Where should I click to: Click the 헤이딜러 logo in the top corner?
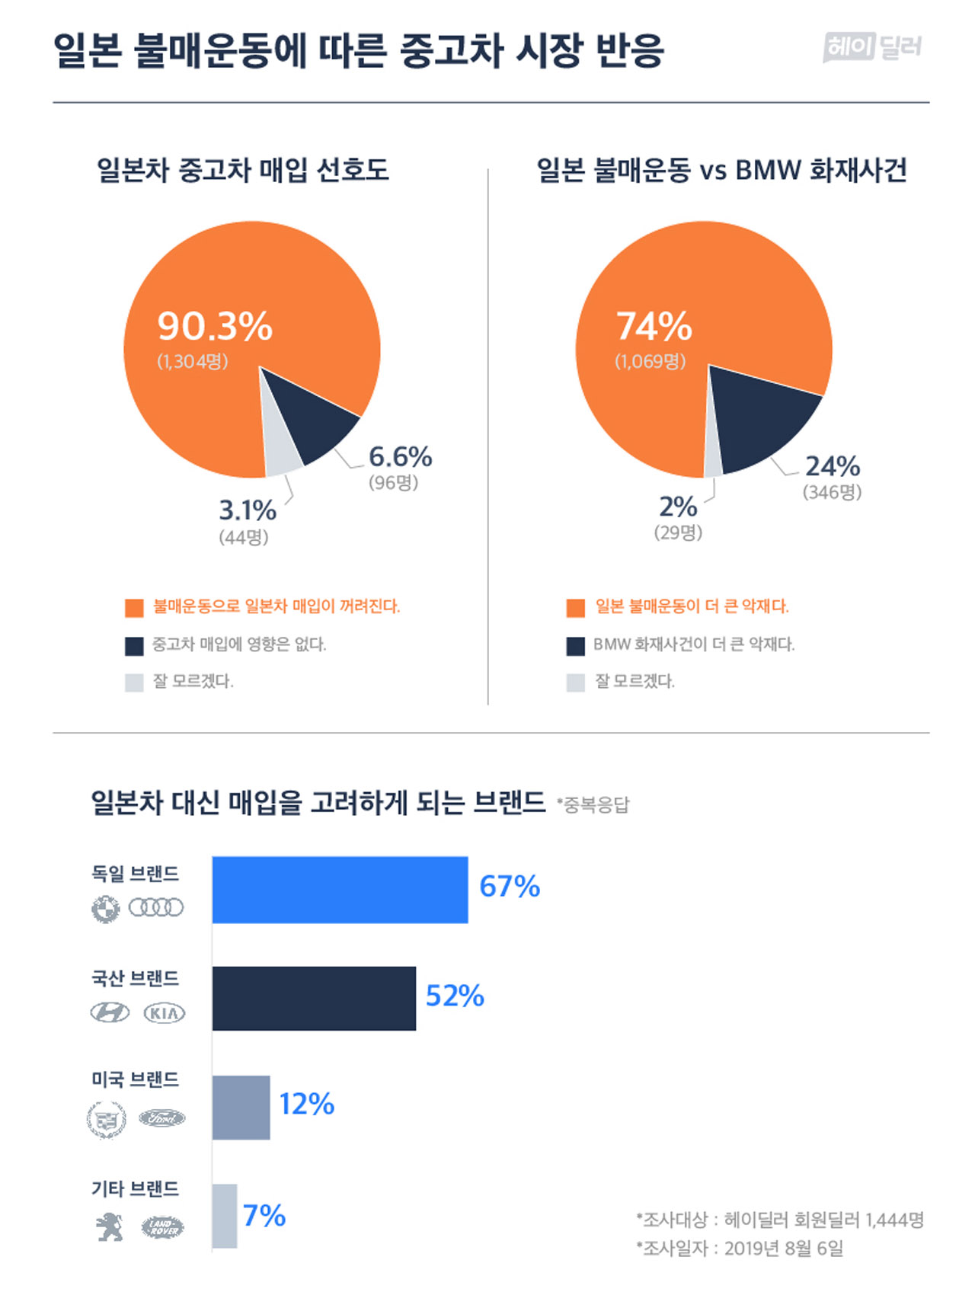click(x=872, y=47)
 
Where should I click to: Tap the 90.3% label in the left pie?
click(x=215, y=326)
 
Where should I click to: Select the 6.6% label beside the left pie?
click(x=401, y=456)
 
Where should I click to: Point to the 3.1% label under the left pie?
click(x=248, y=510)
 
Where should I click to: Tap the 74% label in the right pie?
click(x=654, y=326)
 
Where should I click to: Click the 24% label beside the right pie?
click(x=833, y=465)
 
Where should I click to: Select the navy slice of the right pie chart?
click(x=762, y=419)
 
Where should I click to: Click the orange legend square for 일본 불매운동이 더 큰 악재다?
click(x=576, y=607)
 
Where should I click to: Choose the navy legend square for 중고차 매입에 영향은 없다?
click(x=134, y=645)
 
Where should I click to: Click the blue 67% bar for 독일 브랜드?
click(x=340, y=890)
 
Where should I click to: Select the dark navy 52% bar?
click(x=314, y=999)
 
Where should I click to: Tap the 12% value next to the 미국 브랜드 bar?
click(x=307, y=1104)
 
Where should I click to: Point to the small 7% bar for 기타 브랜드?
click(x=224, y=1216)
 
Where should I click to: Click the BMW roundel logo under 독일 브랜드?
click(x=106, y=909)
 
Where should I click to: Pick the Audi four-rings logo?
click(x=156, y=907)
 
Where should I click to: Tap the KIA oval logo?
click(x=165, y=1013)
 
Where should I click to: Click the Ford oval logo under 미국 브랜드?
click(x=161, y=1118)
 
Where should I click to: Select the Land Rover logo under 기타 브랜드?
click(x=163, y=1227)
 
